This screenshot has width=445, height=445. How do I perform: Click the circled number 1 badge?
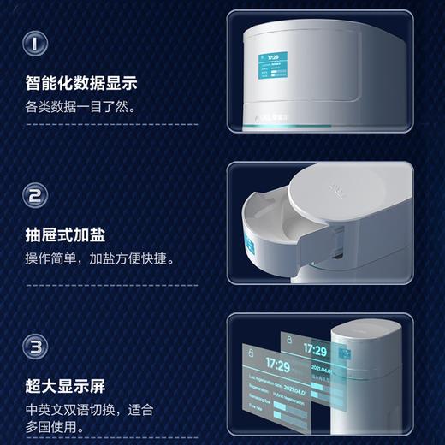[x=34, y=41]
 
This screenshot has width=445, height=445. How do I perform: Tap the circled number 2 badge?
[x=34, y=197]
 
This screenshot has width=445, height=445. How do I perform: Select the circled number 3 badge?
[x=34, y=348]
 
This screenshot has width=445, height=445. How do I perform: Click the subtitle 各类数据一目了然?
[x=80, y=108]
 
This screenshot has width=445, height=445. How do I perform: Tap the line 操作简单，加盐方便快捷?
[x=99, y=258]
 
